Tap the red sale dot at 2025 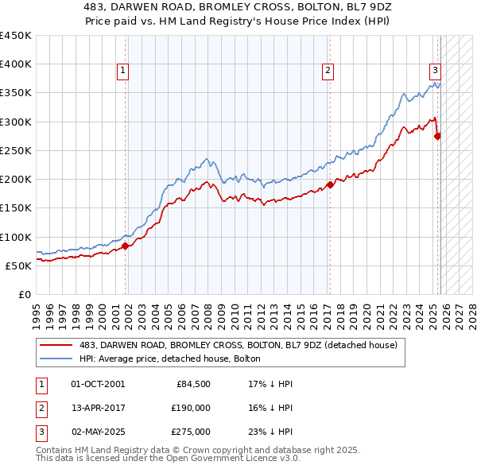coord(437,136)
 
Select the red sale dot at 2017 coord(329,185)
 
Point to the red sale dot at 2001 coord(126,246)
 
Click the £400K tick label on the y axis coord(16,64)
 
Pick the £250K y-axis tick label coord(16,150)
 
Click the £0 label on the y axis coord(24,294)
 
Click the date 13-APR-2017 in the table coord(98,408)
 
